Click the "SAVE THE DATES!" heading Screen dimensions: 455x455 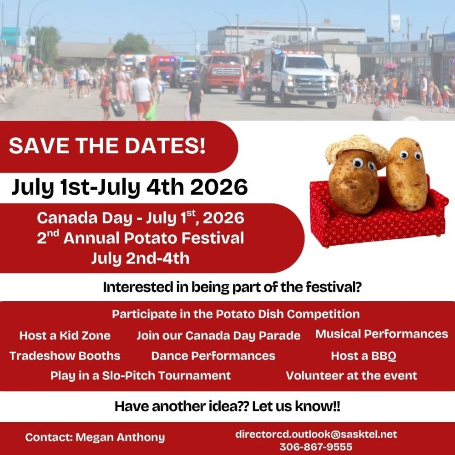[x=107, y=146]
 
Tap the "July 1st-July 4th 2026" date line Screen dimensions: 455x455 [x=130, y=187]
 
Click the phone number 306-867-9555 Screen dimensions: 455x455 [x=316, y=447]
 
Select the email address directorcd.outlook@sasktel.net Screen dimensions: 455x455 [x=316, y=434]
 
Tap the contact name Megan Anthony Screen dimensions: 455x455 [x=120, y=437]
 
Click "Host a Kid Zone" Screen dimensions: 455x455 [x=65, y=335]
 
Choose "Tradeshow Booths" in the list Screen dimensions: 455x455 [x=65, y=356]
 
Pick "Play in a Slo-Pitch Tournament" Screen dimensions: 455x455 [x=141, y=375]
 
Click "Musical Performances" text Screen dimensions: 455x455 [x=382, y=334]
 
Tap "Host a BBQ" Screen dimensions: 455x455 [x=364, y=356]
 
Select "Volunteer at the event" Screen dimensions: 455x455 [x=351, y=375]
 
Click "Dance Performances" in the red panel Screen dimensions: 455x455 [x=213, y=356]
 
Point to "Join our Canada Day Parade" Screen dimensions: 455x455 [x=218, y=336]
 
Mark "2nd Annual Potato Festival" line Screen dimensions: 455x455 [x=141, y=238]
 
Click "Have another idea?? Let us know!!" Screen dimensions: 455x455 [x=227, y=406]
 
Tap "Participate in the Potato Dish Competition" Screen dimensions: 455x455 [x=236, y=314]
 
